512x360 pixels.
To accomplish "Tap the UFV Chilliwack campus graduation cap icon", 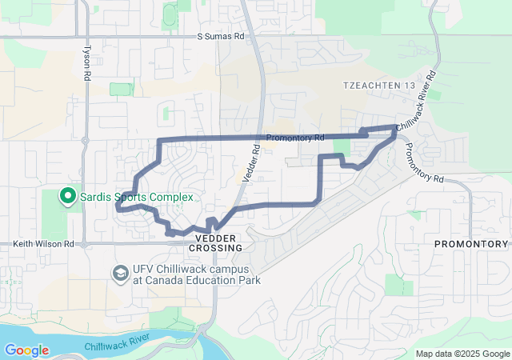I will click(x=121, y=274).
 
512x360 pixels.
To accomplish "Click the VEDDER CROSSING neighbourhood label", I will click(x=215, y=243).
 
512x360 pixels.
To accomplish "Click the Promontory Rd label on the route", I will click(x=294, y=138).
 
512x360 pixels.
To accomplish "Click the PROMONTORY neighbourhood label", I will click(x=471, y=243).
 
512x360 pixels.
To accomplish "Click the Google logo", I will click(x=26, y=350).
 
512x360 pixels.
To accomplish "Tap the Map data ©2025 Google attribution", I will click(x=462, y=354).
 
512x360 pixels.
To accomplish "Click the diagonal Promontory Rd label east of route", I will click(x=423, y=163).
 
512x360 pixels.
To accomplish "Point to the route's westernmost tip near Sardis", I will click(x=118, y=206).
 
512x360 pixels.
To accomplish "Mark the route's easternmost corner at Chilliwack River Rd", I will click(x=395, y=128).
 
